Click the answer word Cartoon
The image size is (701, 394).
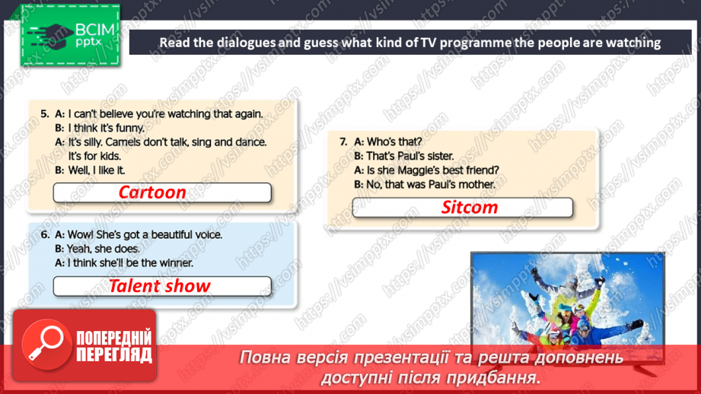tap(152, 192)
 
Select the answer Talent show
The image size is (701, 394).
tap(159, 286)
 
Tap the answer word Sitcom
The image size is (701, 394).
tap(470, 207)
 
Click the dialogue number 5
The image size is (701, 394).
tap(44, 114)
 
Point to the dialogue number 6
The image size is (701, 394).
tap(44, 234)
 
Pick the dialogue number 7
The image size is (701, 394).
tap(343, 141)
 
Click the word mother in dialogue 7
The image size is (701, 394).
tap(476, 184)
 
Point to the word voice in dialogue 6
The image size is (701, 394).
tap(205, 234)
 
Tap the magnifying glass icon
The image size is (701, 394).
tap(43, 343)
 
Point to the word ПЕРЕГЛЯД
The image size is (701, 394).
tap(115, 355)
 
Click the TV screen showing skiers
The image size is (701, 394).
tap(567, 304)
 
